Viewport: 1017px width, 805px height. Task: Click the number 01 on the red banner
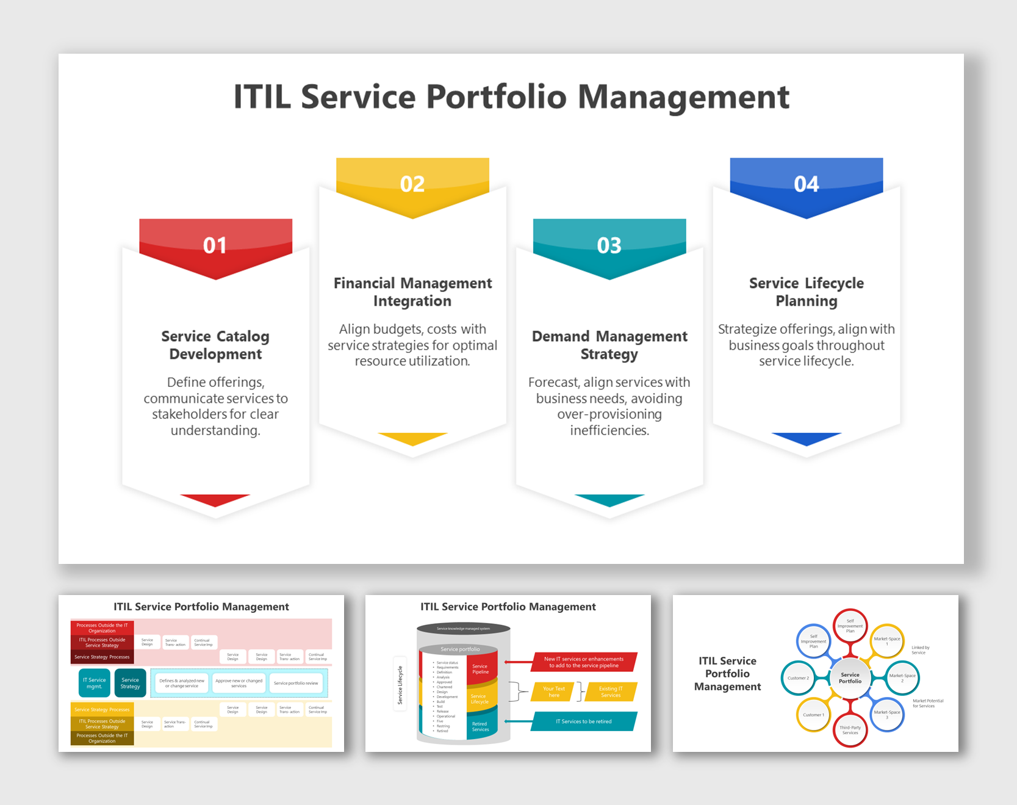[x=215, y=245]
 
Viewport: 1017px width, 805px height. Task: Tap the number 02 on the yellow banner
[x=412, y=184]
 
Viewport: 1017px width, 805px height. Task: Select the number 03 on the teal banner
[x=609, y=245]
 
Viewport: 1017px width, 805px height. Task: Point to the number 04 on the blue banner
[x=806, y=184]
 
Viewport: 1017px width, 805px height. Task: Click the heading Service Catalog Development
[x=215, y=345]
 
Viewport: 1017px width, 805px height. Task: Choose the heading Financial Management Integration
[x=412, y=292]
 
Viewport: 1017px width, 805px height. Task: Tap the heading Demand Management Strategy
[x=609, y=345]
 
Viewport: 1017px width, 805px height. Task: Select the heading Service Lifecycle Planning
[x=806, y=292]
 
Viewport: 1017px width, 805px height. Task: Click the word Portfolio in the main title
[x=496, y=97]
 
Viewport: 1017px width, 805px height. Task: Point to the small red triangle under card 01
[x=215, y=499]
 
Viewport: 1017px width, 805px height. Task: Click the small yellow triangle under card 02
[x=412, y=438]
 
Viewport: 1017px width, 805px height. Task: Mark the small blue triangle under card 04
[x=806, y=438]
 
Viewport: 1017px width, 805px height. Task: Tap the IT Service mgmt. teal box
[x=95, y=683]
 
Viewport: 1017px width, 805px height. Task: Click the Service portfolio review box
[x=296, y=683]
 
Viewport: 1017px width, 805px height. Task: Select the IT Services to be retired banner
[x=583, y=721]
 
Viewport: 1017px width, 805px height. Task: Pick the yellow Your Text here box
[x=554, y=691]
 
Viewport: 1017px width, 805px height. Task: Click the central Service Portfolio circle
[x=850, y=678]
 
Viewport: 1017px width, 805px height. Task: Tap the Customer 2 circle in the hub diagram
[x=798, y=678]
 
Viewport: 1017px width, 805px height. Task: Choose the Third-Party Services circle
[x=850, y=729]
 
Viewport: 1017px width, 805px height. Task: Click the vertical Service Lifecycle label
[x=400, y=684]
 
